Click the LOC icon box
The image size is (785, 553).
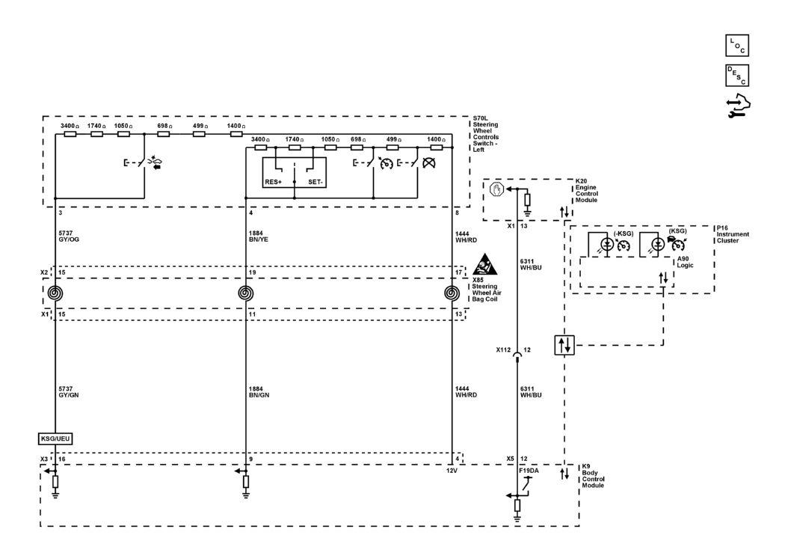click(737, 45)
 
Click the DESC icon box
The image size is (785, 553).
click(737, 75)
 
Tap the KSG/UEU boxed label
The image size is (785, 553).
click(55, 439)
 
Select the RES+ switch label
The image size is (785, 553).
click(274, 182)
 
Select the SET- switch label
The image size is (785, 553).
click(315, 182)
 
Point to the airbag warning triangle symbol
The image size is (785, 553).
click(485, 264)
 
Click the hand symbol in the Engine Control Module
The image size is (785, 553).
click(496, 189)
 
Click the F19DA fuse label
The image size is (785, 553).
click(529, 471)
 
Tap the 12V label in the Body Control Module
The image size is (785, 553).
click(452, 471)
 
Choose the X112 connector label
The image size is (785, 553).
click(503, 350)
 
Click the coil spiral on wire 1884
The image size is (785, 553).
click(245, 293)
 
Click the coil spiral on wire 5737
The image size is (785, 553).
click(55, 293)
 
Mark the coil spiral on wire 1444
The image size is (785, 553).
click(452, 293)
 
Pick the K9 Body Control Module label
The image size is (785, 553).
click(593, 475)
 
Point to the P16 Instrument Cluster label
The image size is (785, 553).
click(733, 234)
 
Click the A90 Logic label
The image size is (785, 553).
click(685, 262)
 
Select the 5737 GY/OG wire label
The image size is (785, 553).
click(69, 236)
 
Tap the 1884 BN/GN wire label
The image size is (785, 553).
click(259, 391)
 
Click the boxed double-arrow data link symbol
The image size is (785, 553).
click(564, 345)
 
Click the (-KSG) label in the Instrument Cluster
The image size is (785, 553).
click(624, 234)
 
